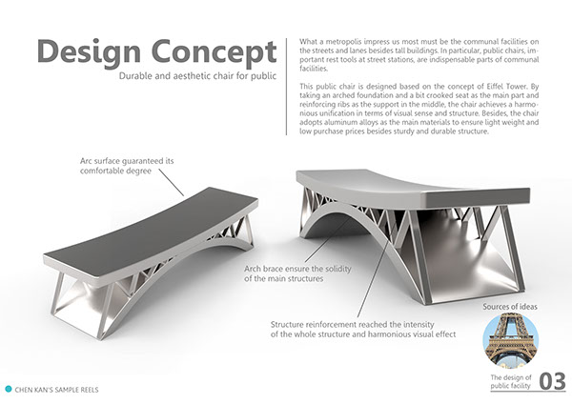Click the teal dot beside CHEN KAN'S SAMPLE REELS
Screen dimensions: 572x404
point(9,389)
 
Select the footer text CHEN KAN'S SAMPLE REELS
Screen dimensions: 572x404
point(57,389)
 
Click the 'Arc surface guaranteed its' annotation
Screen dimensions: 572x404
point(128,163)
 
